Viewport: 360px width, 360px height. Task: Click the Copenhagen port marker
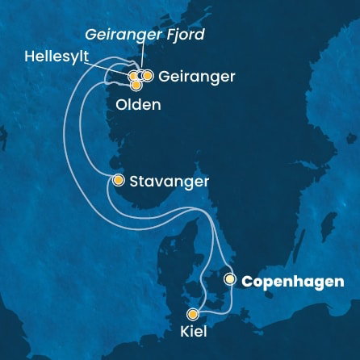[x=230, y=279]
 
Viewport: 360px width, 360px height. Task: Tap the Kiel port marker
[x=192, y=315]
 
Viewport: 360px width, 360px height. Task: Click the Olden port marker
[x=136, y=84]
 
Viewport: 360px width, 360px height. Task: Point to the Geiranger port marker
[x=148, y=76]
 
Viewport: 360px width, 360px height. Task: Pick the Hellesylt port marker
[x=134, y=76]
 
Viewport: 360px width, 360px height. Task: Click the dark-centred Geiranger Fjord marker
[x=140, y=76]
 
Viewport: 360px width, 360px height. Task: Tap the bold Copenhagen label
[x=291, y=282]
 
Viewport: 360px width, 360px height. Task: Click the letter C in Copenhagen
[x=245, y=282]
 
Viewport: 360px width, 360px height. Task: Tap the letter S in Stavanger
[x=132, y=182]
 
